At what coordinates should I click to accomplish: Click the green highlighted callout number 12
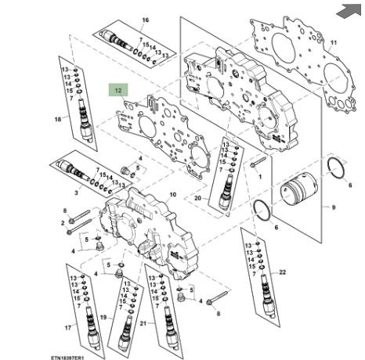click(118, 91)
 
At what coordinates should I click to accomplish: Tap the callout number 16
click(146, 20)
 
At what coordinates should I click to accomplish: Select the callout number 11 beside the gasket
click(334, 42)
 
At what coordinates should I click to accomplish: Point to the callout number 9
click(334, 207)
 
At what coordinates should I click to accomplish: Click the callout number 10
click(173, 195)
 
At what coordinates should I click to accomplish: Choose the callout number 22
click(283, 272)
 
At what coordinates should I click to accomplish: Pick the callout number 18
click(58, 119)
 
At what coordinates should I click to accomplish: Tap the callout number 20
click(198, 198)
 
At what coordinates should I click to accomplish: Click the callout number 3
click(76, 193)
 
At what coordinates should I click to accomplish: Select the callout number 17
click(68, 328)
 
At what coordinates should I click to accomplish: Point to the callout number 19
click(103, 318)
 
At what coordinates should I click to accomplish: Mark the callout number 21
click(143, 323)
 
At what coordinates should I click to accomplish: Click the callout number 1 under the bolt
click(260, 177)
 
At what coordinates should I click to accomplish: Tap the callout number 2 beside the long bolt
click(63, 223)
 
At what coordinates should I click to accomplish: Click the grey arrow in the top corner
click(349, 9)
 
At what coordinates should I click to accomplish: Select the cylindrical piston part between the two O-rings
click(298, 191)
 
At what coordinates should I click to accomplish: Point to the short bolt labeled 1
click(258, 162)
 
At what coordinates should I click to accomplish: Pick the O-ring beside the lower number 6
click(262, 211)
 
